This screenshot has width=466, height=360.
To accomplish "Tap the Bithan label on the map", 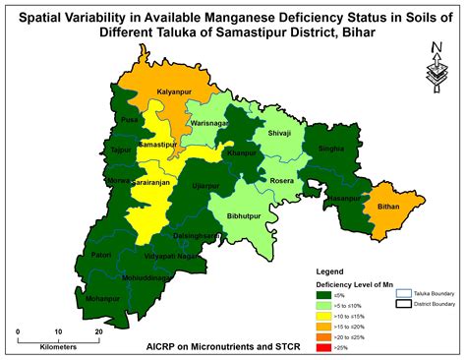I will (x=389, y=209).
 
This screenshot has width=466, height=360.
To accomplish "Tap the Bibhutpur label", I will (x=245, y=212).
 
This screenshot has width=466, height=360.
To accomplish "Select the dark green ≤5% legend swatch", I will (x=320, y=292).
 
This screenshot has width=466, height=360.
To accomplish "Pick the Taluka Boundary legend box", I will (x=402, y=293).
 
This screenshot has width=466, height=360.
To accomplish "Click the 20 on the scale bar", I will (x=98, y=332).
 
